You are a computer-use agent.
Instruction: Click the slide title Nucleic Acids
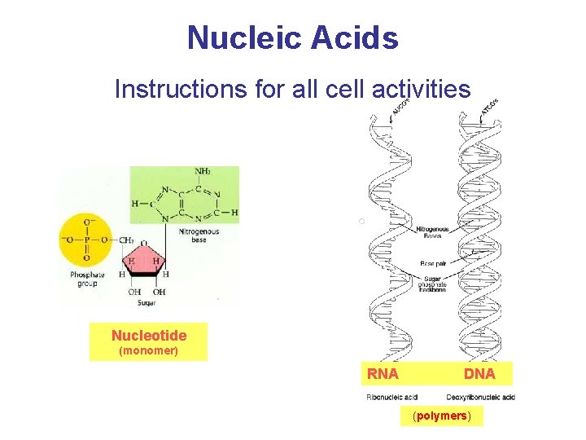point(293,37)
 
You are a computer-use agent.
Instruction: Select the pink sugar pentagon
point(145,261)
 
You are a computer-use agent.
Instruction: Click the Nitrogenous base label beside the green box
point(199,235)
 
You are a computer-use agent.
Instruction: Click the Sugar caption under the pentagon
point(147,301)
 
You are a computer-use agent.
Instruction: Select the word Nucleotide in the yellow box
point(149,336)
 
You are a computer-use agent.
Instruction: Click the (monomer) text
point(149,351)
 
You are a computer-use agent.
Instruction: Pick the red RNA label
point(383,374)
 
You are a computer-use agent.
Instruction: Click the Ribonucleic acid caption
point(392,397)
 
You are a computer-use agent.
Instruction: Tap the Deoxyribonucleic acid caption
point(480,397)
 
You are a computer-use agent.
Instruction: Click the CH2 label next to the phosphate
point(125,240)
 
